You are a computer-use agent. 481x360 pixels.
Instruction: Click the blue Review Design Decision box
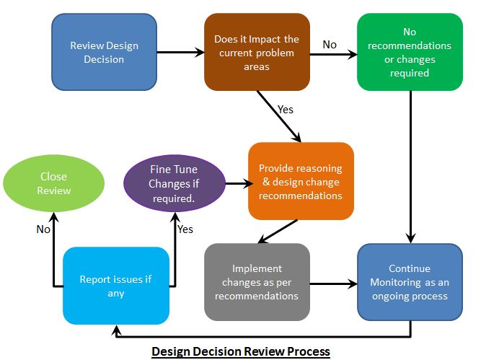(x=104, y=52)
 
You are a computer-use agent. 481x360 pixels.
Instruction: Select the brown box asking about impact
(x=257, y=52)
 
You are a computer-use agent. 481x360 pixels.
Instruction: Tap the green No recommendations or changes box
(x=410, y=52)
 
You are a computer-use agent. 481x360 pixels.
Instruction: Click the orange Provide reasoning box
(x=301, y=181)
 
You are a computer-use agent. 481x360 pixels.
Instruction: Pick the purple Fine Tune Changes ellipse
(x=175, y=183)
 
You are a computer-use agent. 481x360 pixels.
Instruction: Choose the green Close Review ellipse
(x=54, y=183)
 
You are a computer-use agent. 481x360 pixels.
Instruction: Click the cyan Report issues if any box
(x=115, y=286)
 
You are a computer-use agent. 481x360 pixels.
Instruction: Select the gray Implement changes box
(x=257, y=281)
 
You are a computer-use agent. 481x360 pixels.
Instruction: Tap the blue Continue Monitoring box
(x=410, y=281)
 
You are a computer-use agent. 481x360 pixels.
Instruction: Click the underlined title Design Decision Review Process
(x=240, y=351)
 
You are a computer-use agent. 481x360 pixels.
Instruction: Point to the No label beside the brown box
(x=330, y=45)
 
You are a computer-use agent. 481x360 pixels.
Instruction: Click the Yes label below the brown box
(x=286, y=110)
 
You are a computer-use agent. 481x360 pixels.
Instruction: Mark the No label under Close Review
(x=44, y=229)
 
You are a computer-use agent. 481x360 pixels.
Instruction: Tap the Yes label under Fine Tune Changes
(x=185, y=229)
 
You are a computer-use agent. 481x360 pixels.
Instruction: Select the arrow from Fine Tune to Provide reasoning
(x=237, y=183)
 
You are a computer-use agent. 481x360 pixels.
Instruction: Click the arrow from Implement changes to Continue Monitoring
(x=333, y=282)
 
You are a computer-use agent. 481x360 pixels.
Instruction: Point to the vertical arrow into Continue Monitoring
(x=410, y=166)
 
